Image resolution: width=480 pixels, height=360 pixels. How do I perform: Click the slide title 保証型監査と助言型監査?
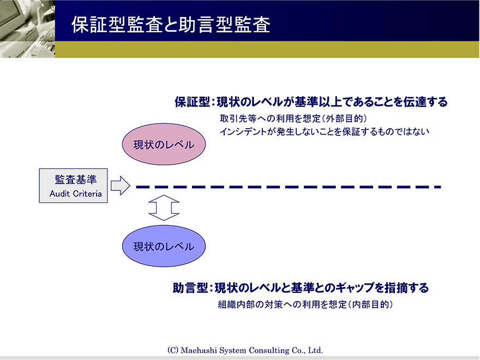click(171, 25)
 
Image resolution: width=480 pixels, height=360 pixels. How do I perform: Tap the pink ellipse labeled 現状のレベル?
click(164, 144)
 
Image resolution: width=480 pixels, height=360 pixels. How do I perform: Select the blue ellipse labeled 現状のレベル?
click(164, 246)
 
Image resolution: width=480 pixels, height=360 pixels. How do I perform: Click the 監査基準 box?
click(73, 185)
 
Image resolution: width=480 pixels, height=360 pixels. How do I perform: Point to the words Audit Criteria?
click(76, 194)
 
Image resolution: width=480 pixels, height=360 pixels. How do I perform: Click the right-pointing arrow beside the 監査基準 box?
click(121, 185)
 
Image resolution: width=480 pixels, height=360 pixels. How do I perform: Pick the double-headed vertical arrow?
click(164, 208)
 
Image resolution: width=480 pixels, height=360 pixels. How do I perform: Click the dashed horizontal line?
click(289, 187)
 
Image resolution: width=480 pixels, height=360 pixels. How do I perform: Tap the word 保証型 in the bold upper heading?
click(192, 102)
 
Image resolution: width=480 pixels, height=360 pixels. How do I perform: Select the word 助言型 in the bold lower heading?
click(190, 288)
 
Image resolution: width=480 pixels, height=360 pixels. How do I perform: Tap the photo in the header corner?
click(28, 29)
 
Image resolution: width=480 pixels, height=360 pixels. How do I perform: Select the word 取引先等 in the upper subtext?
click(238, 118)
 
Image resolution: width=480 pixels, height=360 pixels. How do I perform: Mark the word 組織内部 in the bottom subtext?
click(236, 304)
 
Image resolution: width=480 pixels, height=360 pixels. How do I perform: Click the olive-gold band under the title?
click(267, 49)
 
